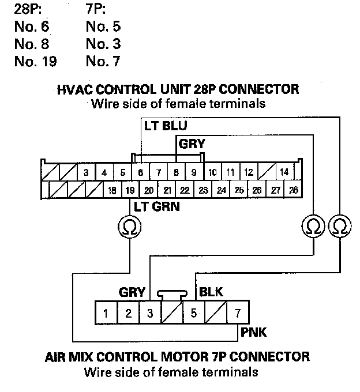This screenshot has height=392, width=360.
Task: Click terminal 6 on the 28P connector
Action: point(140,172)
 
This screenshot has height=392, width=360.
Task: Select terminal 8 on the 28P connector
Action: point(176,172)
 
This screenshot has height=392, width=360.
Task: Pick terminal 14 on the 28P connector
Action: point(284,172)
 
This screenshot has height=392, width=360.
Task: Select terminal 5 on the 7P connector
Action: point(194,314)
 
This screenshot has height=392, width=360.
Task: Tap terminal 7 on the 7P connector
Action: point(238,314)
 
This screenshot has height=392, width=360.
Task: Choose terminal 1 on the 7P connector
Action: point(106,314)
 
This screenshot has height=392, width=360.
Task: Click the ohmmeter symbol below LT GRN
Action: point(130,227)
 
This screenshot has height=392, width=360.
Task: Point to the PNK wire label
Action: point(254,333)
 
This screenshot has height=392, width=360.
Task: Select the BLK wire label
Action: point(211,292)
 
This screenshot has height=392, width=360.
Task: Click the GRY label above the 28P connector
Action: point(192,144)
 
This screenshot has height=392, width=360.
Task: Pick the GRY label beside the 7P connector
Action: point(132,292)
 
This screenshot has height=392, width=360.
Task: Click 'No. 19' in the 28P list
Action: point(35,60)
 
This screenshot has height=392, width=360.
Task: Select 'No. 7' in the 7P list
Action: point(103,60)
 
